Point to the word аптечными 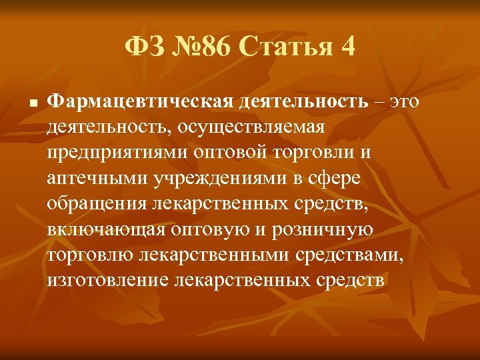point(98,179)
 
